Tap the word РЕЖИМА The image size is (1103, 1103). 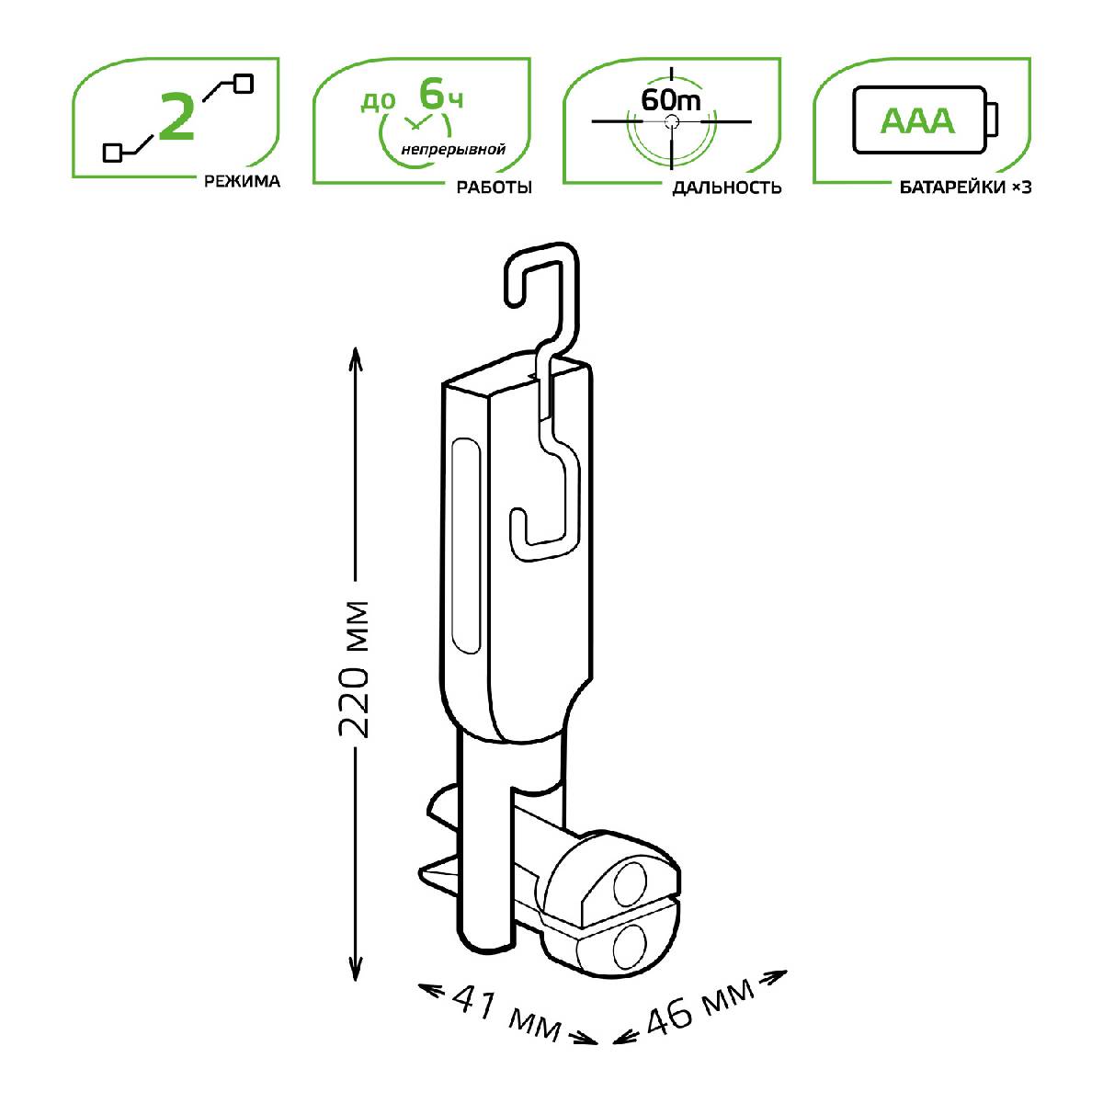point(242,181)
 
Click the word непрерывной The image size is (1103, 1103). point(453,150)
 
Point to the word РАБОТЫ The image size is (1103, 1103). point(494,188)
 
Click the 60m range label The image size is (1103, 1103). point(670,100)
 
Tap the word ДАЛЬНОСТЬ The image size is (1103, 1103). point(726,188)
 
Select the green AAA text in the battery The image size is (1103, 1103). point(917,120)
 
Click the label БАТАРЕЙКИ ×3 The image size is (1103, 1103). point(966,188)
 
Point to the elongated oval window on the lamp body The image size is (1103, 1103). point(466,546)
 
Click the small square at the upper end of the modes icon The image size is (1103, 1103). point(244,84)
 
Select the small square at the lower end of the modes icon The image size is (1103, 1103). point(112,153)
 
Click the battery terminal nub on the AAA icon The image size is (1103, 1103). point(993,119)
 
